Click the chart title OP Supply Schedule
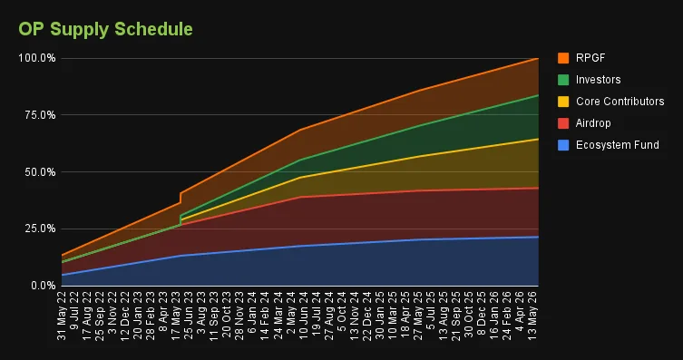pyautogui.click(x=105, y=30)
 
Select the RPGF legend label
pyautogui.click(x=590, y=58)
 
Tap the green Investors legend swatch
pyautogui.click(x=563, y=80)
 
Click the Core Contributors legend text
pyautogui.click(x=620, y=102)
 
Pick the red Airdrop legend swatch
pyautogui.click(x=563, y=123)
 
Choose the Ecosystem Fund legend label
pyautogui.click(x=617, y=145)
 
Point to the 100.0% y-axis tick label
pyautogui.click(x=37, y=58)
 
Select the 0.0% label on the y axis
pyautogui.click(x=44, y=286)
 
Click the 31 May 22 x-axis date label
pyautogui.click(x=62, y=316)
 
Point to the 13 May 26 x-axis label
pyautogui.click(x=532, y=316)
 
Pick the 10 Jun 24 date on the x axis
pyautogui.click(x=303, y=316)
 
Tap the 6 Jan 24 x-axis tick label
pyautogui.click(x=252, y=313)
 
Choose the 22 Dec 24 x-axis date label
pyautogui.click(x=366, y=316)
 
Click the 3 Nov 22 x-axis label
pyautogui.click(x=112, y=313)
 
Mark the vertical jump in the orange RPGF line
pyautogui.click(x=181, y=198)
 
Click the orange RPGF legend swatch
pyautogui.click(x=563, y=58)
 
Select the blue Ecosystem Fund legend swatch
pyautogui.click(x=563, y=145)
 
